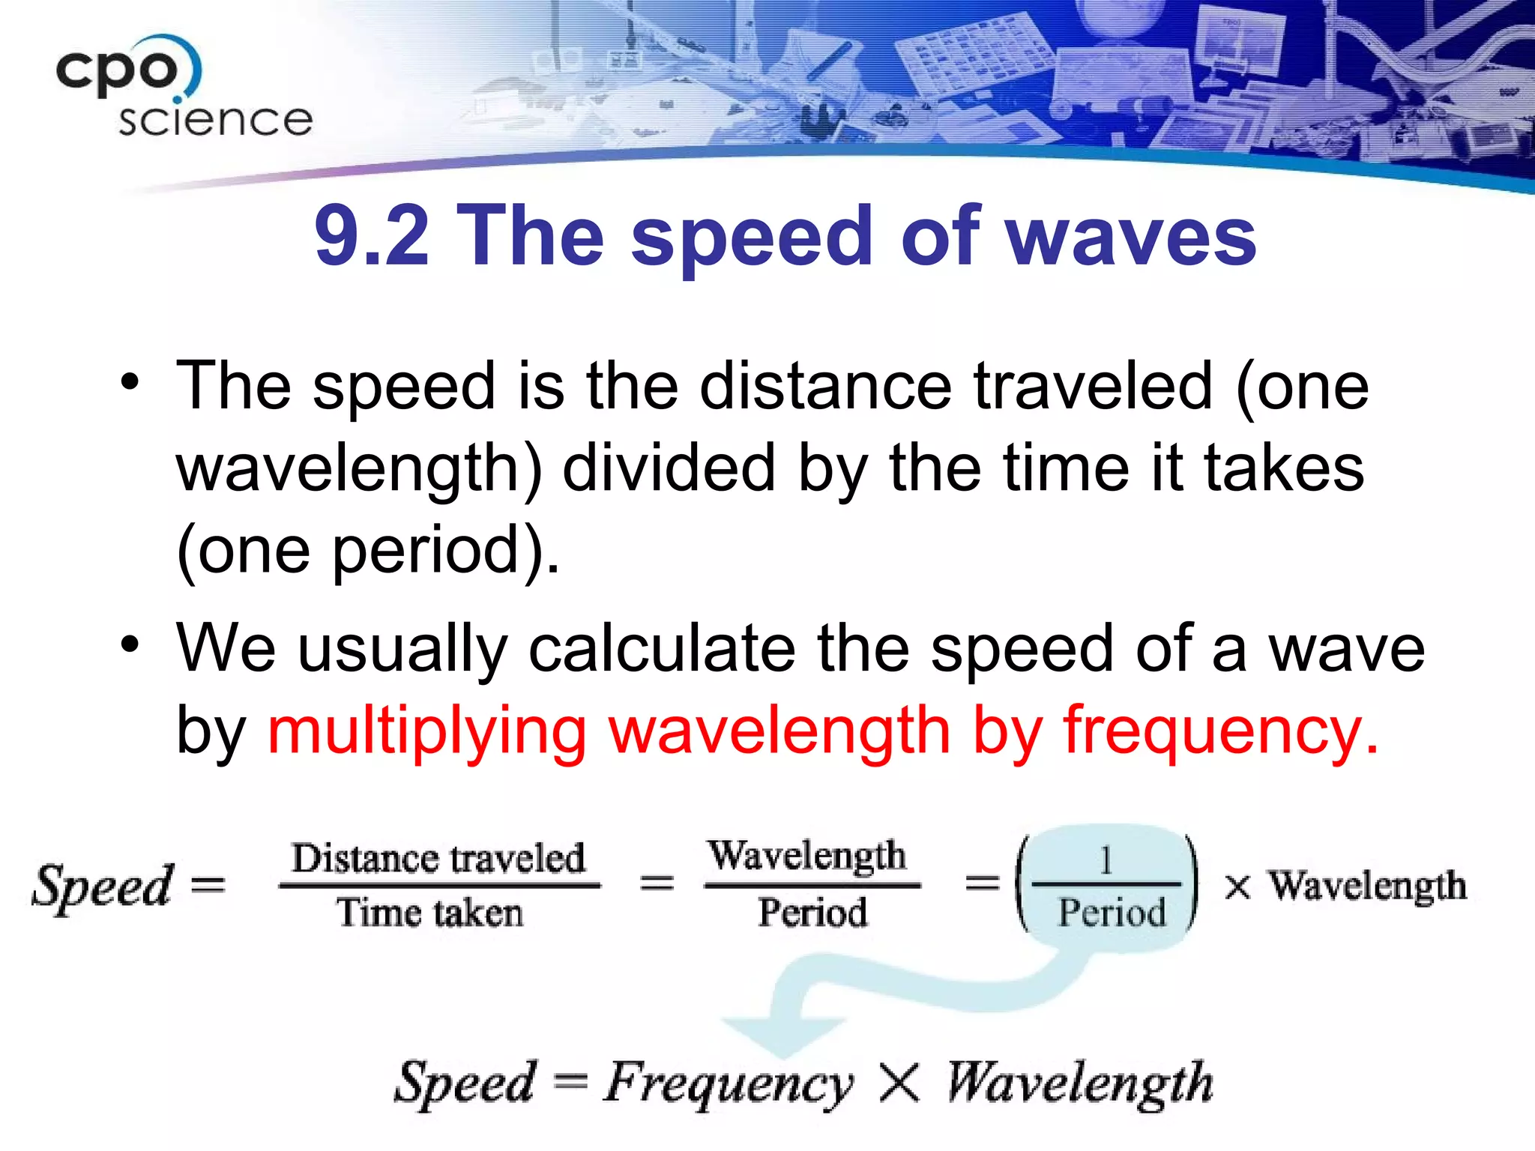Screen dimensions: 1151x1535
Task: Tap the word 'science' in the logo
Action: click(x=215, y=120)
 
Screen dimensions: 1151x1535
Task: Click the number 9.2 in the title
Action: click(x=371, y=236)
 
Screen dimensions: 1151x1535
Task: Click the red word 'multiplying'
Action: click(x=427, y=731)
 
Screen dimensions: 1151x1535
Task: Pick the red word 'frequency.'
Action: click(x=1222, y=731)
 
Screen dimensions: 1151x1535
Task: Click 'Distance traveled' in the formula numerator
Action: click(x=438, y=858)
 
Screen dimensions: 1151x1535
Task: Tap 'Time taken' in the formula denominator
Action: click(x=429, y=913)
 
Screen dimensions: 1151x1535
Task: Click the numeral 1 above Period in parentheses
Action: click(x=1106, y=860)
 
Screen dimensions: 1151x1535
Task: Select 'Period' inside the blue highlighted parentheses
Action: click(x=1112, y=913)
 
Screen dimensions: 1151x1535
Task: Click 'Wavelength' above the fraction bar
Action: click(x=807, y=857)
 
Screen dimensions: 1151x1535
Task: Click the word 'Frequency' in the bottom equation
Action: click(x=727, y=1083)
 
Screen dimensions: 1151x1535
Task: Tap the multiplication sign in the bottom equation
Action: click(x=899, y=1083)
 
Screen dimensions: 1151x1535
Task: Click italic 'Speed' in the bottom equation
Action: click(x=465, y=1083)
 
